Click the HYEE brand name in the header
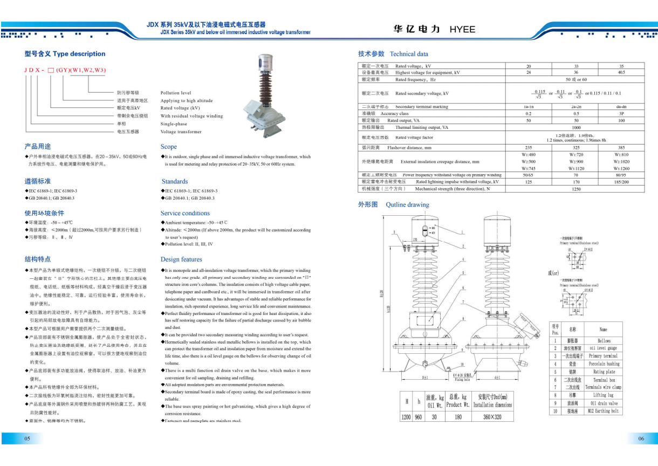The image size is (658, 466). tap(462, 29)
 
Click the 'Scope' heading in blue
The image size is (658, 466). tap(169, 147)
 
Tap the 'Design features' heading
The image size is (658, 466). tap(181, 259)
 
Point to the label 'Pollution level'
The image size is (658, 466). tap(176, 93)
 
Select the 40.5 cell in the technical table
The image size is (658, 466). tap(621, 72)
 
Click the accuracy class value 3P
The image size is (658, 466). tap(621, 114)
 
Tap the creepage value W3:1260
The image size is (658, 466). tap(621, 168)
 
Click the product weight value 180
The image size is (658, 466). tap(458, 417)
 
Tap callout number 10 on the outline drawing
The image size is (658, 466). tap(462, 365)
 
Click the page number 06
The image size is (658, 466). tap(641, 438)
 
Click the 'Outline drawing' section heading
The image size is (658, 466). tap(407, 205)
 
